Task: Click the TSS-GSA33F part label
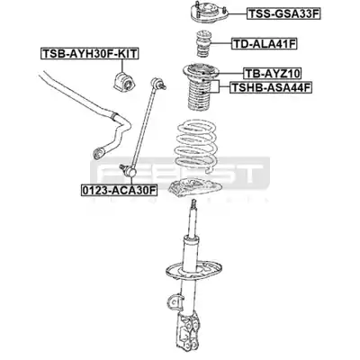click(283, 13)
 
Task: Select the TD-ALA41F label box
click(265, 44)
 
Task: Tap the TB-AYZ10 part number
click(273, 73)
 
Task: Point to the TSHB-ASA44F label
click(271, 87)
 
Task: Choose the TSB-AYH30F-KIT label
click(90, 53)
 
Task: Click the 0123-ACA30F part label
click(120, 190)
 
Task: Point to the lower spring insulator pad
click(193, 190)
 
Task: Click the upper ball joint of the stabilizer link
click(159, 83)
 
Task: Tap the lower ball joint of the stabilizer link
click(128, 170)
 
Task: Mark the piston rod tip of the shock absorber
click(193, 204)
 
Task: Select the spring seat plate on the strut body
click(193, 270)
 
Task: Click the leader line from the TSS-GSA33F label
click(238, 13)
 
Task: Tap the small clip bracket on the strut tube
click(175, 301)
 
